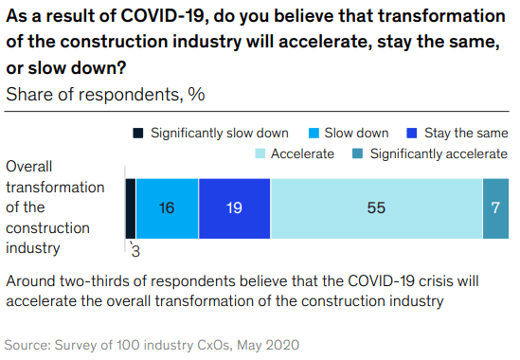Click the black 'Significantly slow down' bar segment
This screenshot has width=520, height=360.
pyautogui.click(x=130, y=207)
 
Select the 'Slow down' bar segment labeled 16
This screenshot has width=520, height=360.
pyautogui.click(x=167, y=207)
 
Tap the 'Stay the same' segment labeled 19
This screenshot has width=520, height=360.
pyautogui.click(x=234, y=207)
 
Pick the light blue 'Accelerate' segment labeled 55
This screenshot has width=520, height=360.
pyautogui.click(x=376, y=207)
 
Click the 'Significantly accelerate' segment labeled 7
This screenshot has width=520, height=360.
pyautogui.click(x=495, y=207)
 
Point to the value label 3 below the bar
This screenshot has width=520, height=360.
pyautogui.click(x=135, y=250)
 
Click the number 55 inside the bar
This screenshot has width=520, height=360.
pyautogui.click(x=376, y=208)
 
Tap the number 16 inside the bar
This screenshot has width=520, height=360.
pyautogui.click(x=167, y=208)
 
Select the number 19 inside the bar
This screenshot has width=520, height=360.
pyautogui.click(x=234, y=208)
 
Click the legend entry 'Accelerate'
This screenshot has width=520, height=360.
pyautogui.click(x=302, y=153)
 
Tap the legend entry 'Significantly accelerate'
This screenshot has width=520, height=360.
pyautogui.click(x=439, y=153)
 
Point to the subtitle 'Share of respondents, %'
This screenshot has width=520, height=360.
pyautogui.click(x=105, y=94)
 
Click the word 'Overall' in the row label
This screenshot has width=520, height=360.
pyautogui.click(x=30, y=165)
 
